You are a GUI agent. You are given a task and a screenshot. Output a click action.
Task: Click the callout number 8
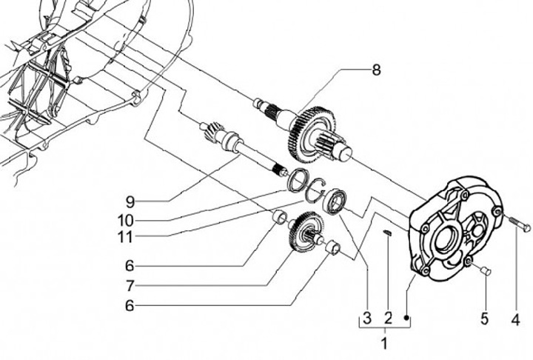tap(376, 70)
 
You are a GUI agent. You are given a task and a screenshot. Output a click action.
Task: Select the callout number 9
tap(130, 202)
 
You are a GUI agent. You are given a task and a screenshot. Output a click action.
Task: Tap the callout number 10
tap(125, 221)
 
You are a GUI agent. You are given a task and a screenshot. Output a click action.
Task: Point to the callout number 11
tap(125, 237)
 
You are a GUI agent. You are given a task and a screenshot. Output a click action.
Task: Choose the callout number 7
tap(130, 286)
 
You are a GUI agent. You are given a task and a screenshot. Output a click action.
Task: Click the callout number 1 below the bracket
tap(384, 343)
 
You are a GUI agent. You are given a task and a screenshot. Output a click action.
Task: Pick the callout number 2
tap(388, 319)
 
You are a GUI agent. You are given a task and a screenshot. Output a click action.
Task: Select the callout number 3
tap(366, 319)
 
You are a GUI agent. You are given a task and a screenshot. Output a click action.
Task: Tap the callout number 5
tap(484, 319)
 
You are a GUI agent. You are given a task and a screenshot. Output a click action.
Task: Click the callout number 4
tap(516, 319)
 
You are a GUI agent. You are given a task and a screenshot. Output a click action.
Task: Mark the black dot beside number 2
tap(406, 318)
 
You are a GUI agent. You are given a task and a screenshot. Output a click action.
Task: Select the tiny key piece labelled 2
tap(387, 233)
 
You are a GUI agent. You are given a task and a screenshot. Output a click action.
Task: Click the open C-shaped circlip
tap(315, 191)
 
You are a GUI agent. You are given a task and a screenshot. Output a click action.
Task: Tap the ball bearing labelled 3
tap(335, 201)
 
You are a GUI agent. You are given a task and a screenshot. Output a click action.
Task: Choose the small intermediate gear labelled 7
tap(306, 232)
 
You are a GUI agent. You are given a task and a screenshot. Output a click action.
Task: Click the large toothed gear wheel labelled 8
tap(310, 132)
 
